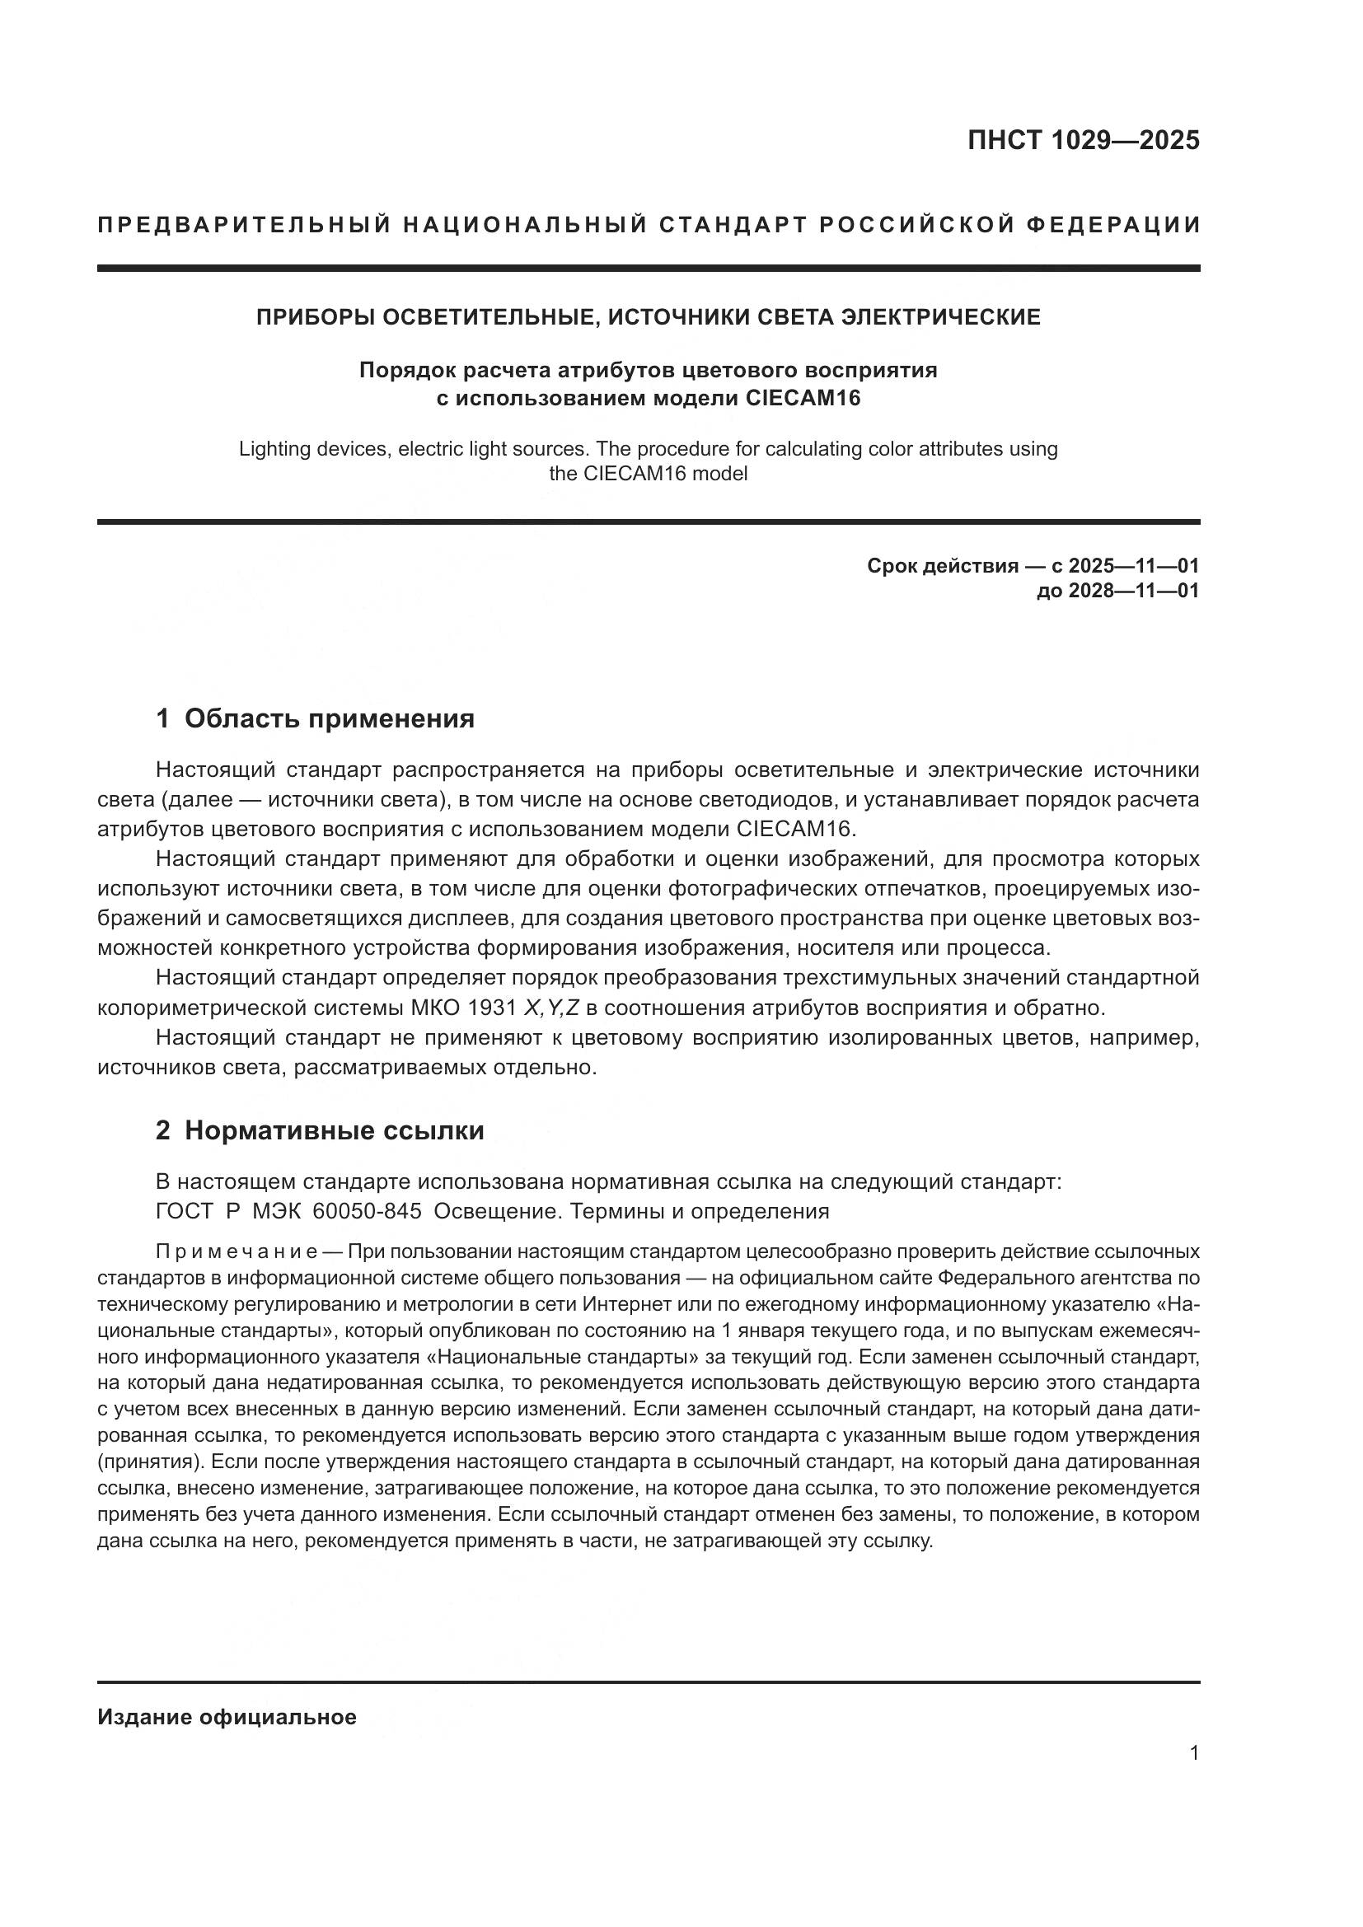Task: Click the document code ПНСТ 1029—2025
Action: [1084, 140]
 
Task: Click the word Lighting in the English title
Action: [274, 449]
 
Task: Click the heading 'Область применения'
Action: [329, 719]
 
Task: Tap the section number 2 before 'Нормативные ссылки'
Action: [163, 1130]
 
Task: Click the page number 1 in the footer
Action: [1194, 1753]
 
